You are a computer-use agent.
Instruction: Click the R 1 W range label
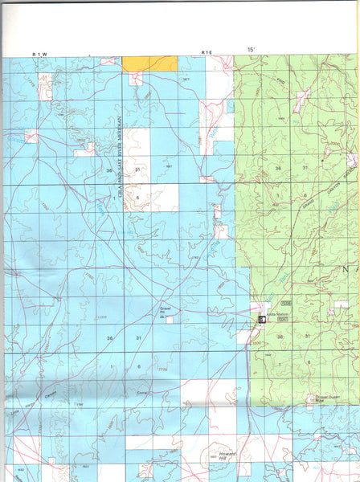click(40, 53)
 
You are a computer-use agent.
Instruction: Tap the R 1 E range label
click(207, 53)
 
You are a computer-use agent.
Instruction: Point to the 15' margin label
click(251, 50)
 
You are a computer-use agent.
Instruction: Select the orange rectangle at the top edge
click(149, 63)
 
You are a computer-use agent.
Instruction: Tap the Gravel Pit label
click(163, 309)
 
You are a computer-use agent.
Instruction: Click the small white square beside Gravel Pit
click(170, 319)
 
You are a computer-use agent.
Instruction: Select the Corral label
click(142, 393)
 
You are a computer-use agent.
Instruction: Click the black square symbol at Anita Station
click(261, 320)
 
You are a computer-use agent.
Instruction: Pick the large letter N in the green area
click(348, 270)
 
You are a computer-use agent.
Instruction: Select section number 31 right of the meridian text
click(137, 170)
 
